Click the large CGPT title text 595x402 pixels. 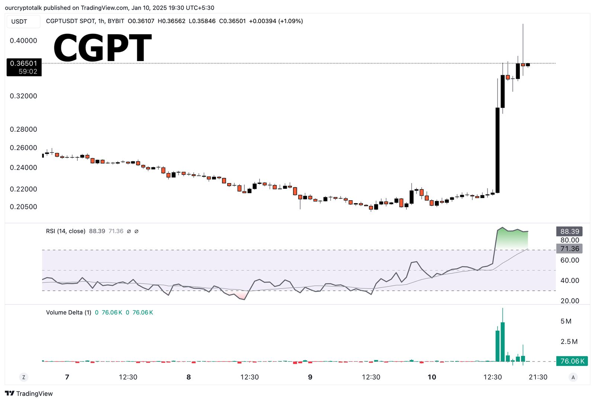tap(103, 48)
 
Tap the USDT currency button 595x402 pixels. tap(19, 22)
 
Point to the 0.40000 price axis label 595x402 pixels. tap(23, 41)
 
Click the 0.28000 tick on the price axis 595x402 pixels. tap(23, 129)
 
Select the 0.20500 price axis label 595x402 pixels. tap(23, 207)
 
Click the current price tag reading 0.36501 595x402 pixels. tap(24, 64)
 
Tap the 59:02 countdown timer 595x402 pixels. tap(28, 71)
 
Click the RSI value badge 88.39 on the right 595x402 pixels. tap(569, 232)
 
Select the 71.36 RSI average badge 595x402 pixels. tap(569, 249)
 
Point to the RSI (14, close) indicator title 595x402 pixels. tap(66, 231)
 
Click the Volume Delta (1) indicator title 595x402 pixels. tap(68, 312)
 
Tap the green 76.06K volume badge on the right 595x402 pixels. tap(572, 361)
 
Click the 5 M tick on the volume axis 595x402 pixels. tap(566, 321)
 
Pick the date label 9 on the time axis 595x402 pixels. tap(310, 377)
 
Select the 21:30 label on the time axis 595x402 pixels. tap(538, 377)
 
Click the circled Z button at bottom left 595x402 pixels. tap(24, 377)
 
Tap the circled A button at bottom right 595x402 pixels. tap(573, 377)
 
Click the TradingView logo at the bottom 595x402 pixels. tap(29, 393)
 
